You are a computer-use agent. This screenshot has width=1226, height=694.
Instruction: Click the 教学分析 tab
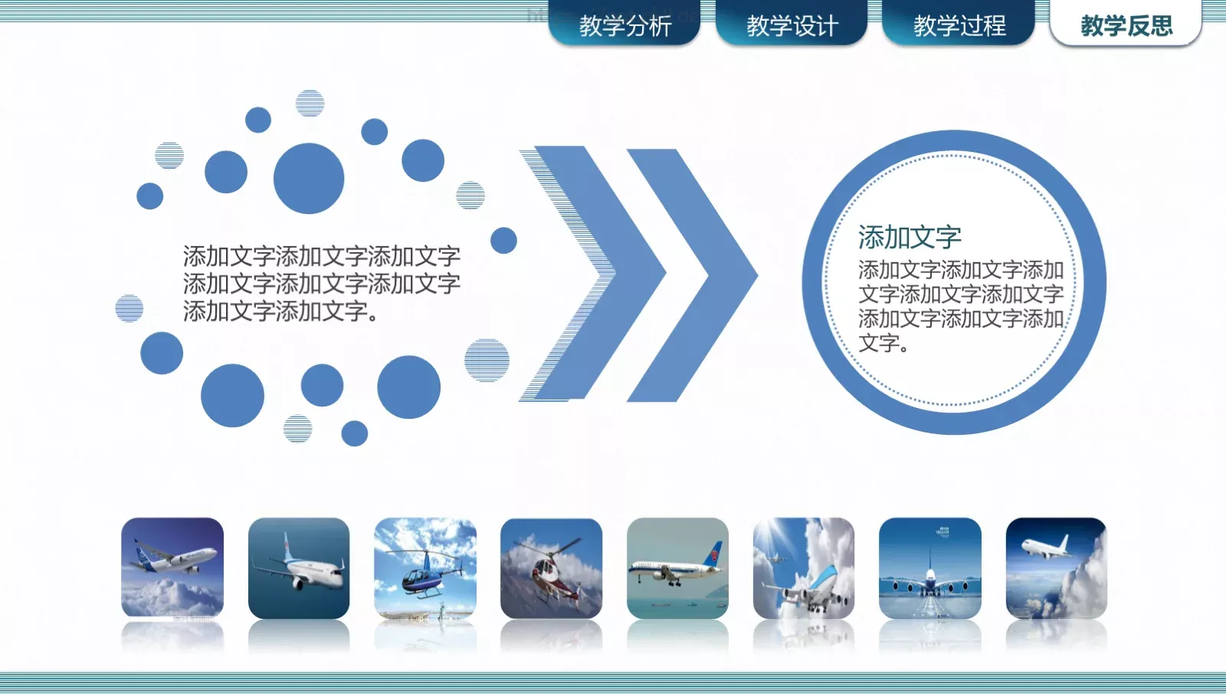coord(624,25)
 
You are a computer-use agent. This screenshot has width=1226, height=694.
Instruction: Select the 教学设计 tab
coord(792,25)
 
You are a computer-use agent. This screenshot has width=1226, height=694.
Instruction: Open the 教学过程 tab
coord(959,25)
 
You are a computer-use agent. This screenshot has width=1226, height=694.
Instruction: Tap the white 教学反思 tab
coord(1126,25)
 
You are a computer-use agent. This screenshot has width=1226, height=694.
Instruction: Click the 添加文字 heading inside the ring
coord(910,237)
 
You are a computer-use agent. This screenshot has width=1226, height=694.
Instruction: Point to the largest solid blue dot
coord(309,178)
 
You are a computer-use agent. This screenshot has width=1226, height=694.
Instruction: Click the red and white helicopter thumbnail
coord(551,568)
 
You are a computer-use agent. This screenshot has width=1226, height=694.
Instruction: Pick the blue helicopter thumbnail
coord(425,568)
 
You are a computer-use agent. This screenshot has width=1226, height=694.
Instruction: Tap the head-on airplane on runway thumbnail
coord(929,568)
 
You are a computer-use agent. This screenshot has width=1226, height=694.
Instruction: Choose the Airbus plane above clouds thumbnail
coord(172,568)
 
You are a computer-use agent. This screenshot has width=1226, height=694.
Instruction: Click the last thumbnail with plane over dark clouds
coord(1056,568)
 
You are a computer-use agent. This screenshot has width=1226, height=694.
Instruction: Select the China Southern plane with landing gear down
coord(677,568)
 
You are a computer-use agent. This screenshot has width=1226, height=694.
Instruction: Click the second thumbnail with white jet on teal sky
coord(299,568)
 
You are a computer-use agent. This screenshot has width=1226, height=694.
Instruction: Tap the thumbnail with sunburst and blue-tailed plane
coord(803,568)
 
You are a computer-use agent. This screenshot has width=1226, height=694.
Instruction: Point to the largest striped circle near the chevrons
coord(487,360)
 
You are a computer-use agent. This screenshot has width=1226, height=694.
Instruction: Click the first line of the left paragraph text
coord(321,255)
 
